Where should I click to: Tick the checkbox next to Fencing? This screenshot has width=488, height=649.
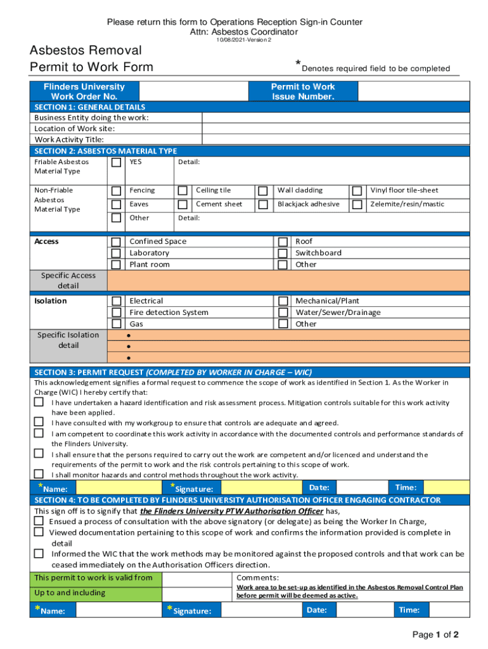116,191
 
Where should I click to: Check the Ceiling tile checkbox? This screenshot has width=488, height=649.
183,191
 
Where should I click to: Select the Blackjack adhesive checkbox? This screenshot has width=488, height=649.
262,205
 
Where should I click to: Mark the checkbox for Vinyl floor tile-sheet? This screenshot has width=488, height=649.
357,191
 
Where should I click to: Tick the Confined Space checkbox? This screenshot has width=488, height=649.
116,242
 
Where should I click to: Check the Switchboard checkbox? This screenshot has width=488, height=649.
283,254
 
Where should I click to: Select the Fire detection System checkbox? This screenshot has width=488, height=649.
116,313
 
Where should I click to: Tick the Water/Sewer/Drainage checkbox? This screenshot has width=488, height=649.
283,313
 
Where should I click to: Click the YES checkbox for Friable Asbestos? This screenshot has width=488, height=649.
116,163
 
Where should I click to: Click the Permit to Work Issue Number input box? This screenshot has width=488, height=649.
412,91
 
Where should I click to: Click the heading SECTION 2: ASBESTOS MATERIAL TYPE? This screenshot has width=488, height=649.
106,151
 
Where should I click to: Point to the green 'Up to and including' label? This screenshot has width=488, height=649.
70,593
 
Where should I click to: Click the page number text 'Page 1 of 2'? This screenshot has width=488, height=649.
435,634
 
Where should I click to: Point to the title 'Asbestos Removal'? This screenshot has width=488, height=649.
86,50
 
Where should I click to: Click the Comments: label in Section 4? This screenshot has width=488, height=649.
257,578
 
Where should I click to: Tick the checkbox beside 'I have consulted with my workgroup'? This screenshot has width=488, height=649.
39,423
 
